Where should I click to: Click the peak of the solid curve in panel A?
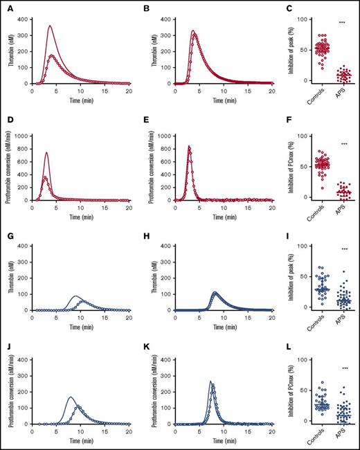pyautogui.click(x=50, y=26)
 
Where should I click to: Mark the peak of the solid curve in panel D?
pyautogui.click(x=46, y=152)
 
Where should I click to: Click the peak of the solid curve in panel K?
pyautogui.click(x=172, y=381)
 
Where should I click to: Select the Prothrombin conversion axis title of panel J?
pyautogui.click(x=11, y=393)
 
